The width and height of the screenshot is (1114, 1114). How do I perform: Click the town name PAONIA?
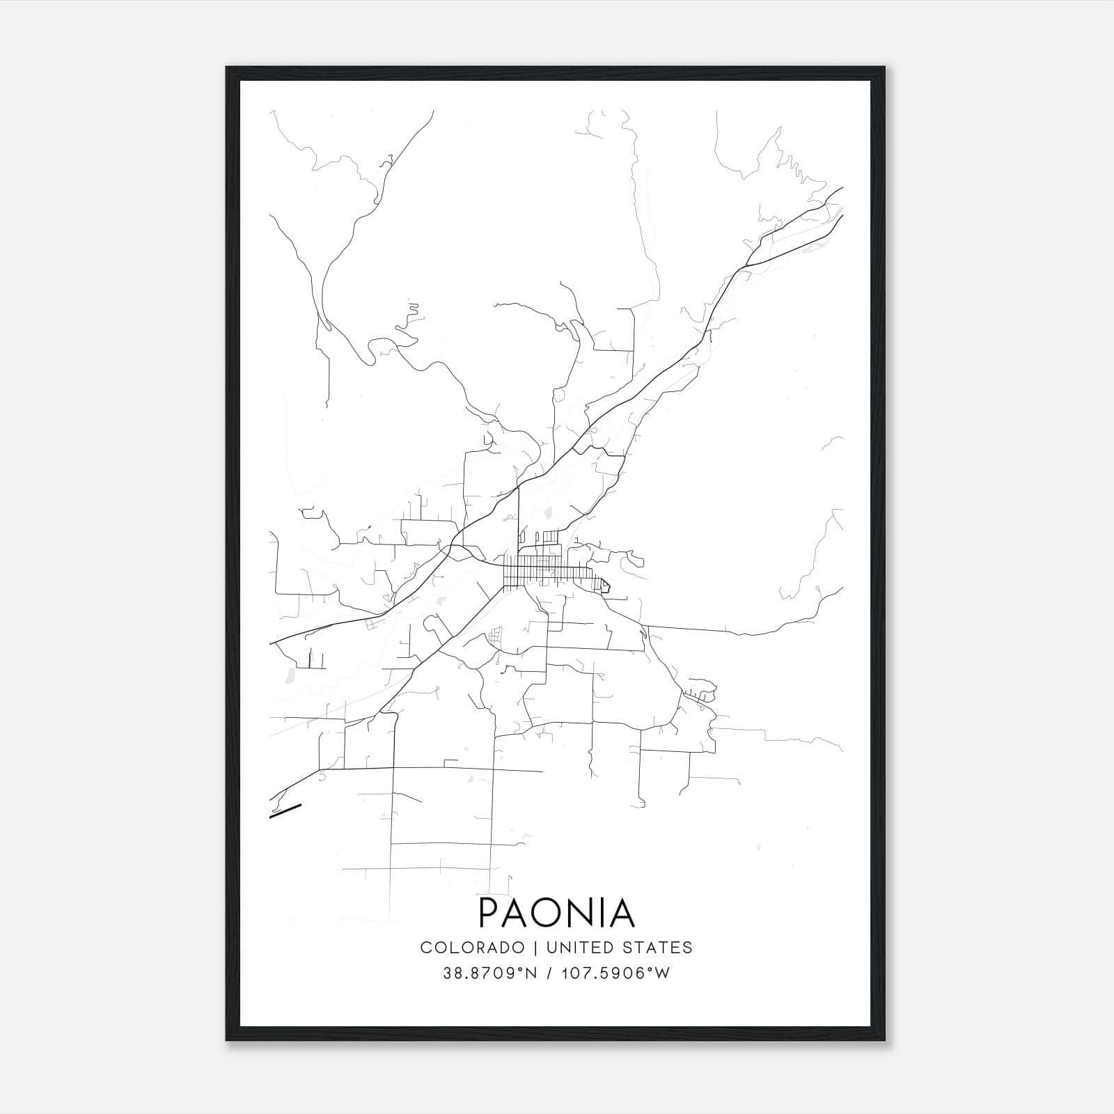[x=556, y=913]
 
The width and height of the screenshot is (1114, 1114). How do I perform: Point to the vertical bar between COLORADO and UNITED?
[x=535, y=948]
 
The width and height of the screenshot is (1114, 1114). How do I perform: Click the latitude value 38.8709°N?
[x=489, y=973]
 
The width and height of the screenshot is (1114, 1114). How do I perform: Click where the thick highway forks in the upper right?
[x=746, y=266]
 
